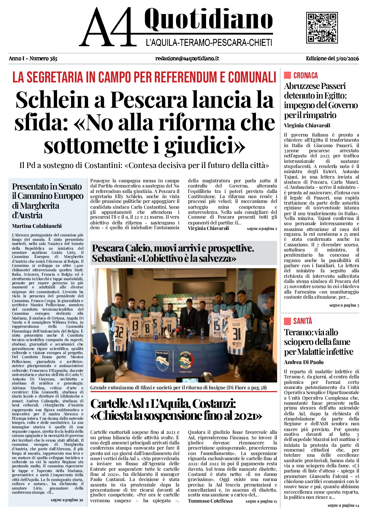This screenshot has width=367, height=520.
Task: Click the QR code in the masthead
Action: (x=322, y=28)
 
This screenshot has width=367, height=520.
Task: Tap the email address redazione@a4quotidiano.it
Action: (x=187, y=58)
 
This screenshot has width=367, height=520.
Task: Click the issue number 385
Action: (x=53, y=58)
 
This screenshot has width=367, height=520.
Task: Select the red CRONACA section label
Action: (x=305, y=76)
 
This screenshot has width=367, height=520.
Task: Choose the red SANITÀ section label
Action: (x=302, y=321)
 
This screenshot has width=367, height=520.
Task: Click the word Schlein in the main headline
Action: (x=52, y=100)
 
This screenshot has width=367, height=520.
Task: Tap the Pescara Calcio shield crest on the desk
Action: (x=162, y=360)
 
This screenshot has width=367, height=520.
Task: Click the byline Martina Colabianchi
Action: (x=37, y=226)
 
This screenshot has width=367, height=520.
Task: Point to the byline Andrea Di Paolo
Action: (x=303, y=362)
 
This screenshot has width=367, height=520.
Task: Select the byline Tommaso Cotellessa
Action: (x=210, y=501)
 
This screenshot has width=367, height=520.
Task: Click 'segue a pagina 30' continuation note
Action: (x=67, y=500)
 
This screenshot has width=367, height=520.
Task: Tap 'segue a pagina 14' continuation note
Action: (x=343, y=505)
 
